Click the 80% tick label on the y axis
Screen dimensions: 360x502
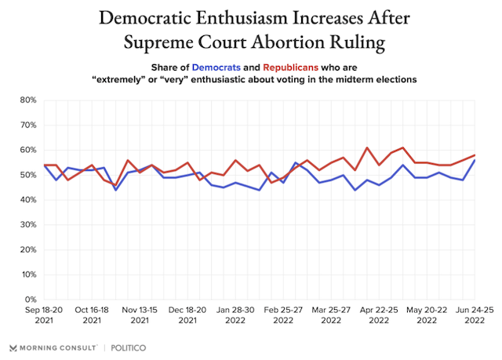tap(27, 100)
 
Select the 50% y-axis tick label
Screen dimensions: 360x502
tap(27, 175)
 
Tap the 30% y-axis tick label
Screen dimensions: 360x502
tap(27, 225)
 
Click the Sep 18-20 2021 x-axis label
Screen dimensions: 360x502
tap(44, 315)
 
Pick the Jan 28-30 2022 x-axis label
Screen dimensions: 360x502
tap(233, 315)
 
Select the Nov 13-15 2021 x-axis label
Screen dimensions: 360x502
tap(139, 315)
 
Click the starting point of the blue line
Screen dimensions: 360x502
tap(44, 165)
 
